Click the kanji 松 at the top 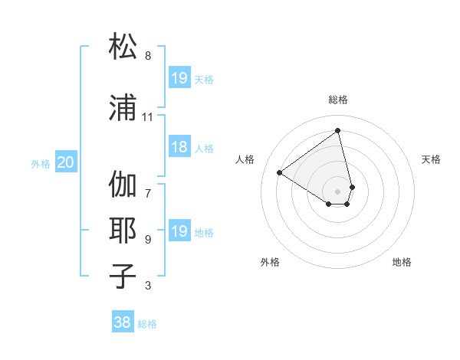pos(124,47)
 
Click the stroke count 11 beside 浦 pos(147,117)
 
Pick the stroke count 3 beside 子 pos(147,286)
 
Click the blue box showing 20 pos(66,162)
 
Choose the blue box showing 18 pos(179,148)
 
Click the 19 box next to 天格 pos(179,78)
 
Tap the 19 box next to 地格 pos(179,231)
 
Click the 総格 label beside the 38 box pos(147,324)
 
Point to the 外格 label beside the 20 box pos(41,163)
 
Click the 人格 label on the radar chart pos(245,159)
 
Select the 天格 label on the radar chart pos(431,159)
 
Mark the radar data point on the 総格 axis pos(338,131)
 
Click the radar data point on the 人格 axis pos(280,172)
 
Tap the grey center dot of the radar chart pos(338,191)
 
